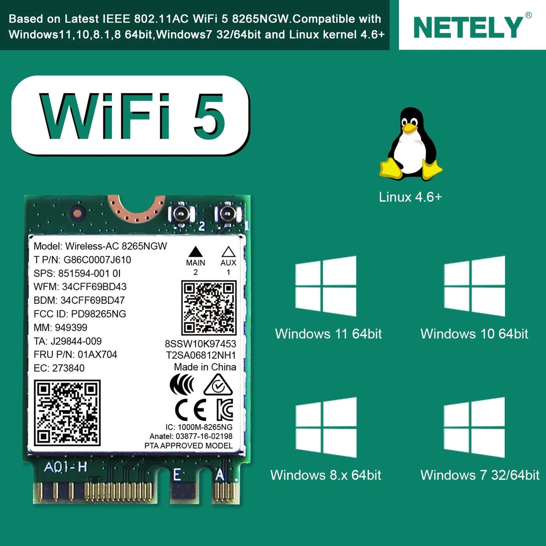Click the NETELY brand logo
click(468, 27)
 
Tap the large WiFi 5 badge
click(131, 116)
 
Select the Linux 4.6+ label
click(410, 197)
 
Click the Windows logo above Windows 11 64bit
click(326, 286)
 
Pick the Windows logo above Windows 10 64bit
click(474, 286)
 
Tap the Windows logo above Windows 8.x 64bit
click(326, 427)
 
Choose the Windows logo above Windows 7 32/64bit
click(474, 427)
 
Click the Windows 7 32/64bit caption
click(480, 475)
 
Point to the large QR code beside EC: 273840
click(67, 413)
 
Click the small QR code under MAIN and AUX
click(209, 308)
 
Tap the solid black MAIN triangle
click(195, 252)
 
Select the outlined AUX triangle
click(228, 252)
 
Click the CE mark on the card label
click(191, 410)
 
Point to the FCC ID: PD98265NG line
click(80, 314)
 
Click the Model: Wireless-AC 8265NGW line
click(100, 246)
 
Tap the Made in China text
click(205, 367)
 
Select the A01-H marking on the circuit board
click(66, 467)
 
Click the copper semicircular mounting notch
click(136, 209)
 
